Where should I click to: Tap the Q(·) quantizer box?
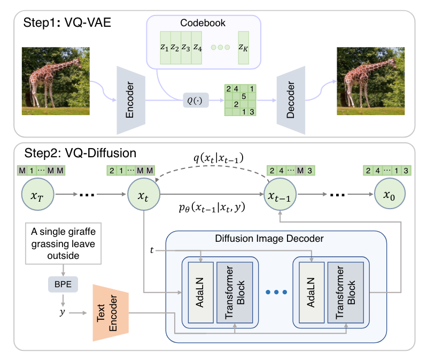point(194,99)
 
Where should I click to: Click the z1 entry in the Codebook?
point(164,47)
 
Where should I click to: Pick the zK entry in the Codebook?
point(244,47)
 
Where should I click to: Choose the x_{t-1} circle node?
point(280,197)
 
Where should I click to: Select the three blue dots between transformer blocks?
point(276,292)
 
